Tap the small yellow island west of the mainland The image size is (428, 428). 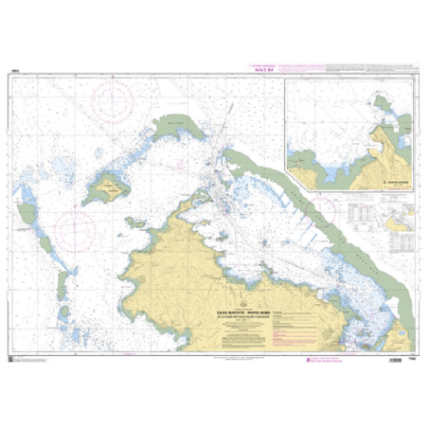point(109,187)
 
